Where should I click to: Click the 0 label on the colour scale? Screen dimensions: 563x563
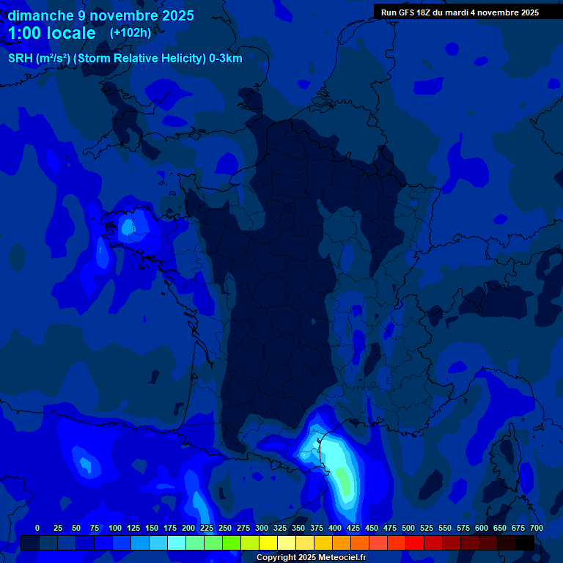tap(37, 528)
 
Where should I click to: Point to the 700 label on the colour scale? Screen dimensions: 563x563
tap(536, 528)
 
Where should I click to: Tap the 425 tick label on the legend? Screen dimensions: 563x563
tap(353, 528)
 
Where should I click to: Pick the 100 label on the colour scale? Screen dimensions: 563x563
tap(114, 528)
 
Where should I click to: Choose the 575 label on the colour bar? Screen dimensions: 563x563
tap(463, 528)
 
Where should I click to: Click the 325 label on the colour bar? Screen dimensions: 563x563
tap(279, 528)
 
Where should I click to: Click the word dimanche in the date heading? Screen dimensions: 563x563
tap(41, 15)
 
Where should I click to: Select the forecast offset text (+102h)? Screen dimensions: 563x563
tap(130, 33)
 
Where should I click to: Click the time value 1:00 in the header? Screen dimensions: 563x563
tap(26, 33)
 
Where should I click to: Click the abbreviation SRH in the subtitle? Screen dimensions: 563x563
tap(20, 59)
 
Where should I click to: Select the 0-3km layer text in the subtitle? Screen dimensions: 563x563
tap(226, 59)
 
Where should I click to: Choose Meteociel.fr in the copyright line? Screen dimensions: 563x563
tap(339, 557)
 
